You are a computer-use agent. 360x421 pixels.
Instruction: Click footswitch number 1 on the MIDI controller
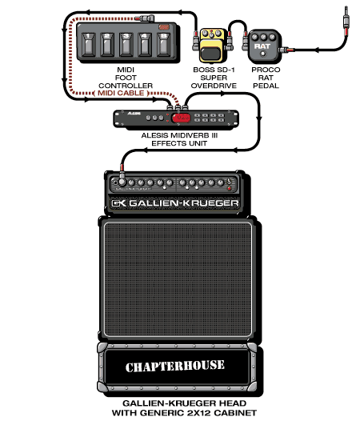point(88,45)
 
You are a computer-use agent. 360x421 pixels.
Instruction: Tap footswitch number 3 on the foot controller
point(126,45)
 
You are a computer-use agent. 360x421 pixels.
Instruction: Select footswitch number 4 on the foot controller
point(145,45)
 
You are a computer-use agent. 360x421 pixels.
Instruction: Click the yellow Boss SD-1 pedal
point(212,45)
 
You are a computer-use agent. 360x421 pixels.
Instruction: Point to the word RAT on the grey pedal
point(262,46)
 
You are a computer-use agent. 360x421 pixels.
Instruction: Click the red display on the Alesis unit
point(182,118)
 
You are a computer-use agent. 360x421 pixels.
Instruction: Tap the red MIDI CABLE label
point(121,93)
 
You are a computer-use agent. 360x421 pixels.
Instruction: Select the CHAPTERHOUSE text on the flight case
point(174,367)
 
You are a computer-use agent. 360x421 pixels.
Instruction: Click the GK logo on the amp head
point(118,203)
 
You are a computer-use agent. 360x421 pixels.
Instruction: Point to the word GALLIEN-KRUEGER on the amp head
point(184,203)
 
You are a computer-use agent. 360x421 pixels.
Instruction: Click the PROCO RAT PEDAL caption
point(266,78)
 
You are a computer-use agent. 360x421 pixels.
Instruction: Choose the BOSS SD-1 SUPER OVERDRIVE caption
point(214,78)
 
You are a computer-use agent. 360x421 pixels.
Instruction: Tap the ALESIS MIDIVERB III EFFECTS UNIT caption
point(179,139)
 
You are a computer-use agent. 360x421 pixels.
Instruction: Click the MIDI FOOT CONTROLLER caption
point(126,78)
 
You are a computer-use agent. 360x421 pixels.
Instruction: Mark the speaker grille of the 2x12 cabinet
point(178,279)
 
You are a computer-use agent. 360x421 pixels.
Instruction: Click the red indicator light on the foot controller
point(164,27)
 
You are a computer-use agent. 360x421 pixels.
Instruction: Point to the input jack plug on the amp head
point(122,178)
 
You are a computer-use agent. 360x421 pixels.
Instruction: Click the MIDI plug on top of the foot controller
point(145,18)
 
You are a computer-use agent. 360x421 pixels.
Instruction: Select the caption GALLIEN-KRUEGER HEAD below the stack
point(184,403)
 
